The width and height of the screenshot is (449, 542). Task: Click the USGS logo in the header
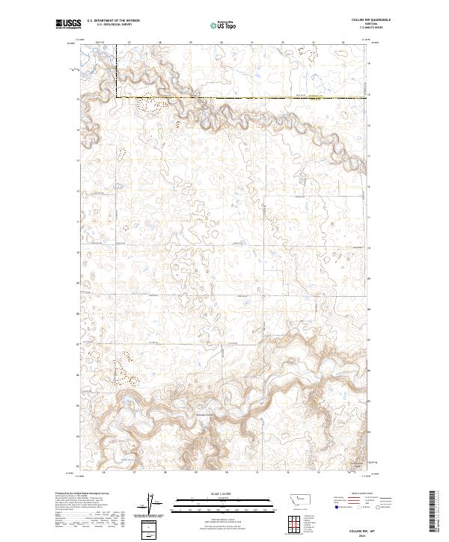(67, 24)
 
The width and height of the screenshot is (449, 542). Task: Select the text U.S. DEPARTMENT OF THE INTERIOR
(113, 22)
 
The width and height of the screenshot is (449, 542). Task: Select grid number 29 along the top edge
(191, 43)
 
